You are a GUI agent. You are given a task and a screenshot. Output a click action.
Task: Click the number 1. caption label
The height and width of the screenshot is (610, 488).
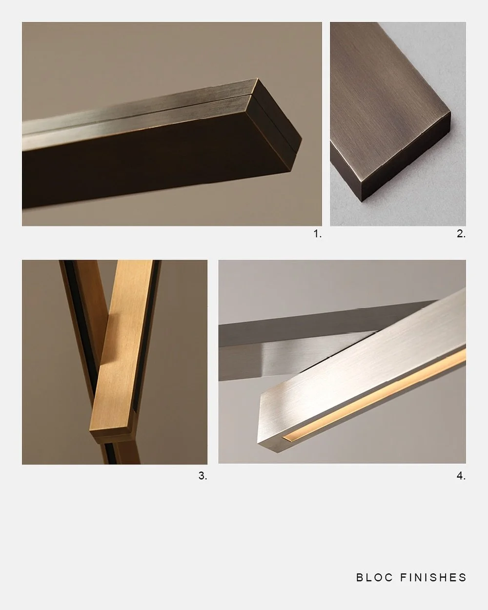(x=317, y=234)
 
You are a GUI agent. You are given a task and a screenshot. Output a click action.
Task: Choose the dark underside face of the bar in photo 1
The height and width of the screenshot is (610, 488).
(x=146, y=166)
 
